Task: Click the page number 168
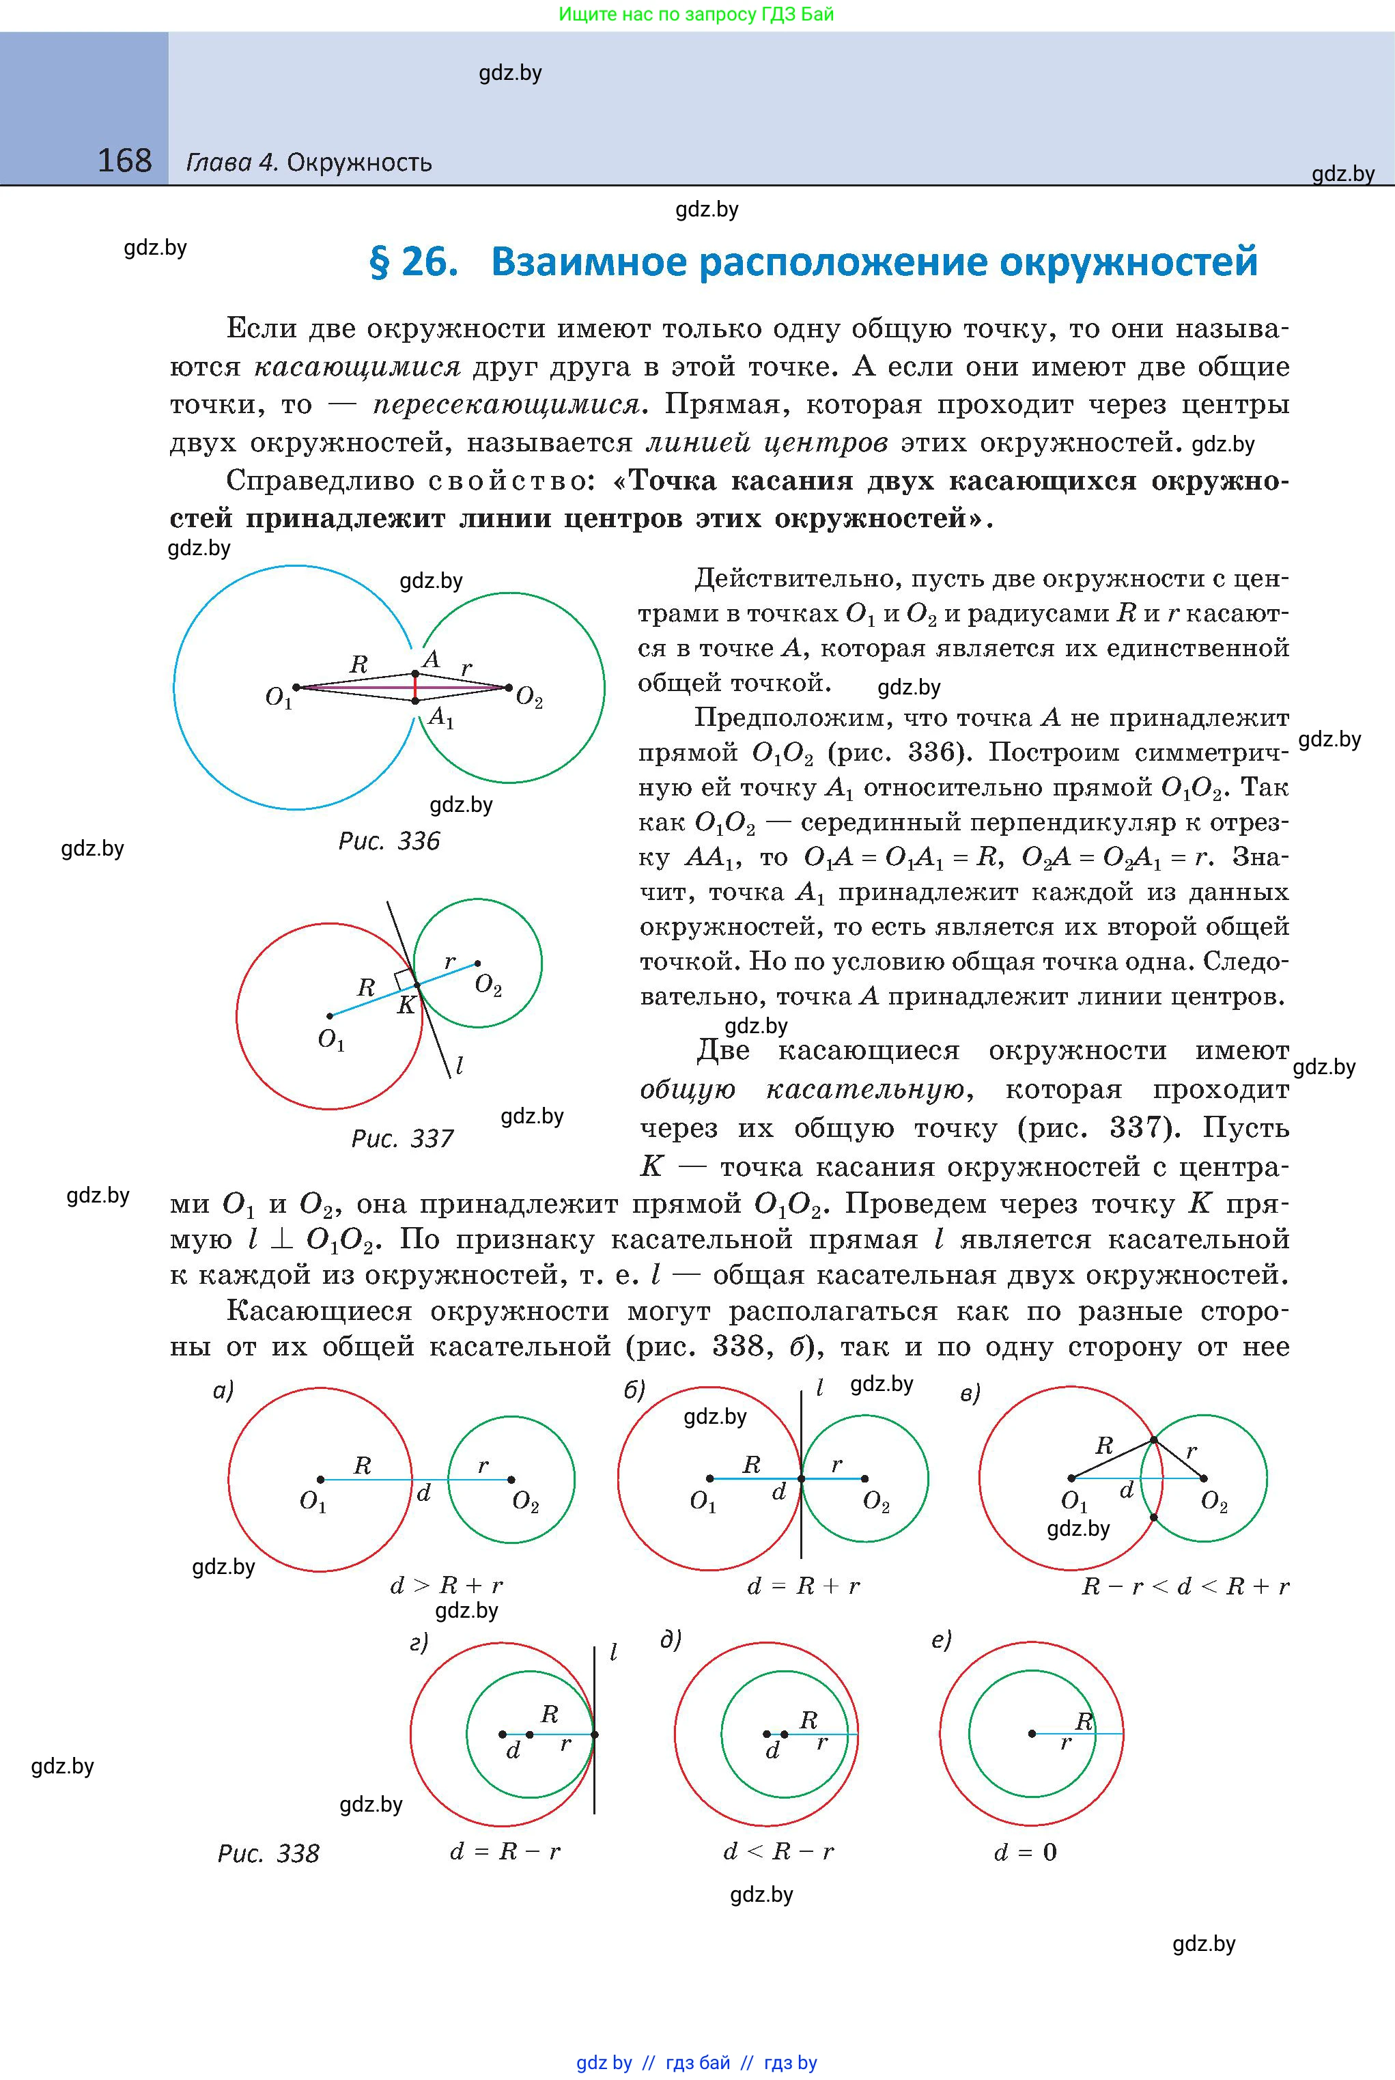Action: click(124, 161)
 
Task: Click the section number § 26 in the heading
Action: click(414, 262)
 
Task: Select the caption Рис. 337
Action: click(402, 1139)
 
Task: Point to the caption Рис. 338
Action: click(268, 1853)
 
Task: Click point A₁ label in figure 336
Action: click(440, 717)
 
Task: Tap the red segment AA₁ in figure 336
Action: click(415, 688)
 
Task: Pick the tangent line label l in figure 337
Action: click(459, 1065)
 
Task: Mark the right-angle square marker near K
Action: click(405, 979)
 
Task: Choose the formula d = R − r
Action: click(505, 1851)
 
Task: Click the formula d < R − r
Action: click(778, 1851)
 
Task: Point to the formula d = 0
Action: click(1026, 1852)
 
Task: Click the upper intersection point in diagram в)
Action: click(1154, 1440)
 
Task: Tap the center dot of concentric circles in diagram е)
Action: click(1032, 1733)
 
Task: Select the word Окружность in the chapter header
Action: click(359, 163)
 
